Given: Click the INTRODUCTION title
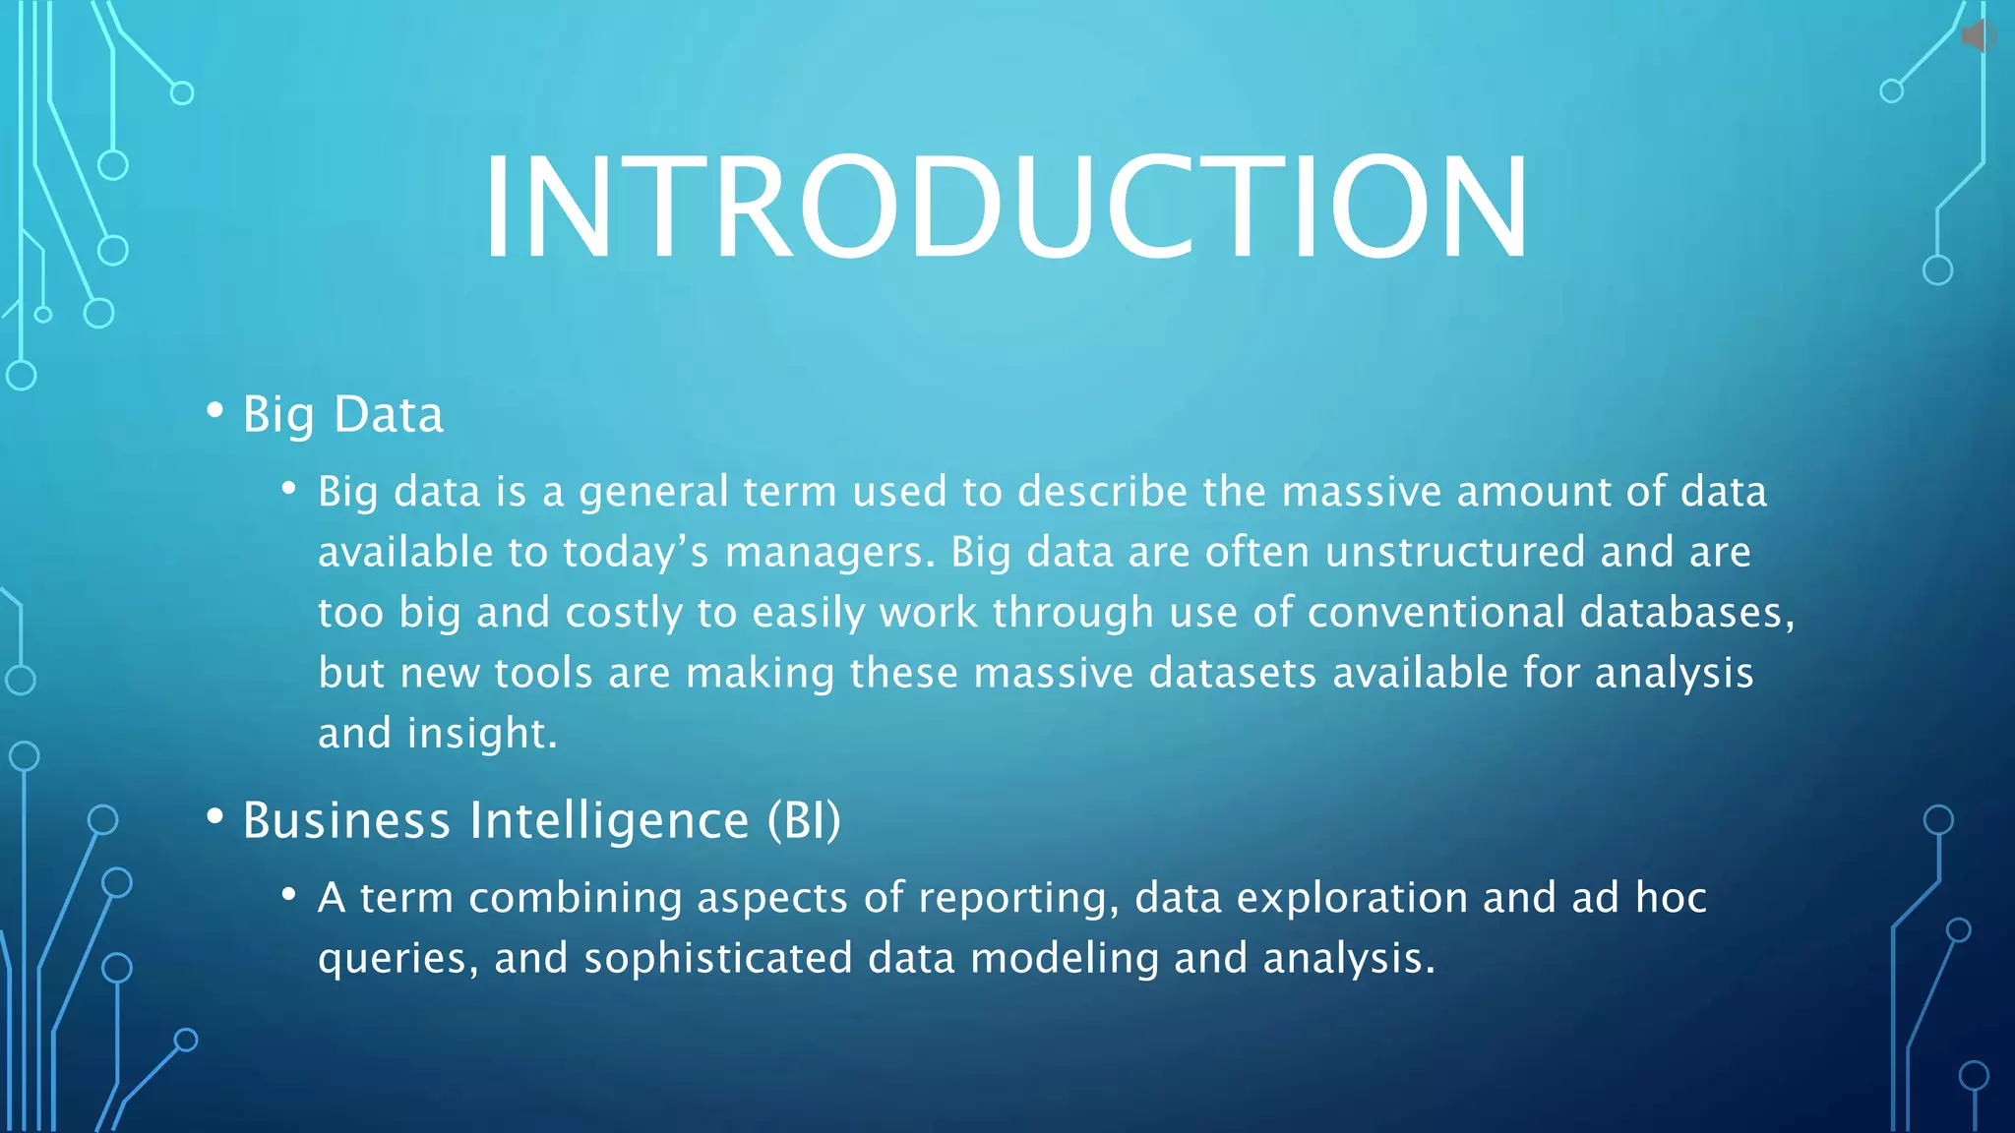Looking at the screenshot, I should point(1006,208).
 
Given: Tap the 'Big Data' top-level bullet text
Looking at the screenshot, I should point(342,414).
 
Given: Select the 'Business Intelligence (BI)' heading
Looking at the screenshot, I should point(541,820).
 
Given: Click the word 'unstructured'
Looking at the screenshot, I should point(1454,552).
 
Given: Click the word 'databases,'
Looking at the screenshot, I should point(1686,613).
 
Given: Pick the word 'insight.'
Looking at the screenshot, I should point(482,734).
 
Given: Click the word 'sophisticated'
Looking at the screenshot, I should point(717,958).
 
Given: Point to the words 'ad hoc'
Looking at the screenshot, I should point(1638,897).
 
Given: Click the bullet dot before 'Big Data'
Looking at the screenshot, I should point(214,410).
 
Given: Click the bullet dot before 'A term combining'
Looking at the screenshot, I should point(288,894).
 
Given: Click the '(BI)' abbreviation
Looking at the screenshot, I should point(804,820).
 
